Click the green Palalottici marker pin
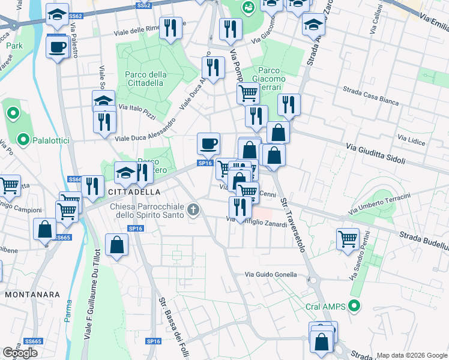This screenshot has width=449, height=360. [23, 140]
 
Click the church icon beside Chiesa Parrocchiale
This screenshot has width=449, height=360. [193, 210]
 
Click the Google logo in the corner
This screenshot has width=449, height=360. [20, 353]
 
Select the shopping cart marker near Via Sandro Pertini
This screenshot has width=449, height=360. [348, 238]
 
